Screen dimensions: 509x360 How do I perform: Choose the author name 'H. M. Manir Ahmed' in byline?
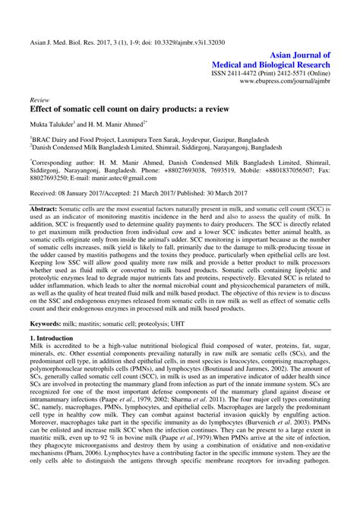tap(115, 123)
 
